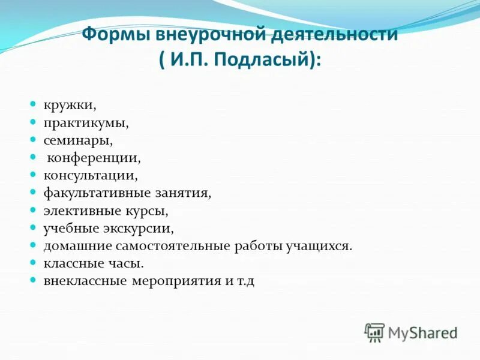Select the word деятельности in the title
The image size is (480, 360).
click(334, 34)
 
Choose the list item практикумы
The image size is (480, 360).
click(86, 122)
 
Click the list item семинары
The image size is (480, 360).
click(78, 140)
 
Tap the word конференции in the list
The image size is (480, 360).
click(94, 158)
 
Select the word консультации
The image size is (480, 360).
click(90, 176)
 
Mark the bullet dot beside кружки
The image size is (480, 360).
click(34, 104)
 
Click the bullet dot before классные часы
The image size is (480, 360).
click(34, 263)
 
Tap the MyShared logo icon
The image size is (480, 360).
click(374, 332)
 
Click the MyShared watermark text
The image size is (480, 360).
click(422, 332)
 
